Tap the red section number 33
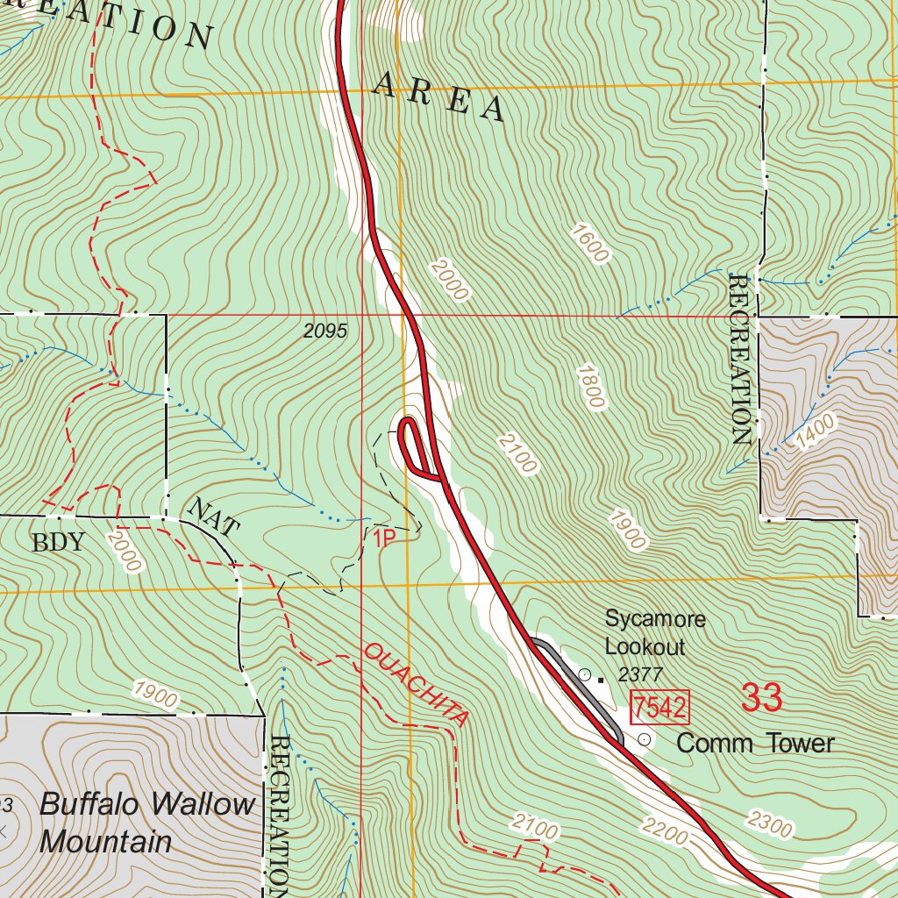(760, 698)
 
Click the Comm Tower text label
(755, 744)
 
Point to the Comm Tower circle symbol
(645, 739)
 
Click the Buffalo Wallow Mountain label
(146, 823)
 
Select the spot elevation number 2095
(326, 331)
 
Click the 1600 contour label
(588, 243)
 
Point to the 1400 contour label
(811, 433)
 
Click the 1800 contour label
(590, 386)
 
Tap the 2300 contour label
(771, 825)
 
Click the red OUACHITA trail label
(416, 684)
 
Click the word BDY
(59, 542)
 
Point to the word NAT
(213, 517)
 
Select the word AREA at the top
(438, 97)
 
